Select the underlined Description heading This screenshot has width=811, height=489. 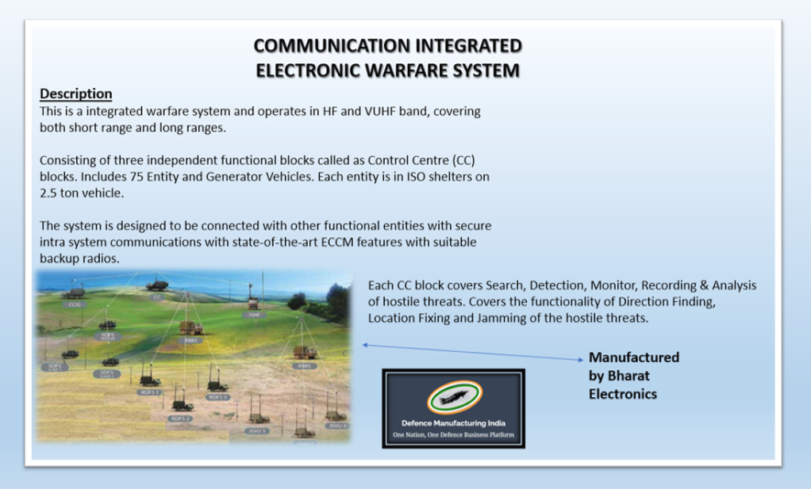click(x=76, y=94)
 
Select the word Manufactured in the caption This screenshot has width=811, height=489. click(x=633, y=357)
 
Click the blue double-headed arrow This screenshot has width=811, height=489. click(x=473, y=352)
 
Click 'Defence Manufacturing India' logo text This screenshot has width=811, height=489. click(x=453, y=423)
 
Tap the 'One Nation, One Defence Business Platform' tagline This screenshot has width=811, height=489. click(x=453, y=435)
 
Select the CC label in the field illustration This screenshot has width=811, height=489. click(x=157, y=298)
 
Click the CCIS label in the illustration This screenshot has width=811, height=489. click(x=75, y=304)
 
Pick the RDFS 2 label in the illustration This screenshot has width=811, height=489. click(x=181, y=418)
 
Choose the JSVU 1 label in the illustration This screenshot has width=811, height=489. click(x=256, y=430)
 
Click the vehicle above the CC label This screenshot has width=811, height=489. click(x=157, y=285)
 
